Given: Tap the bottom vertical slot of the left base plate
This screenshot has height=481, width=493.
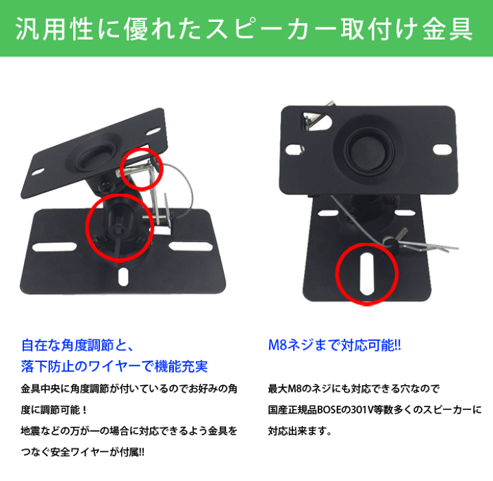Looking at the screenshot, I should [123, 275].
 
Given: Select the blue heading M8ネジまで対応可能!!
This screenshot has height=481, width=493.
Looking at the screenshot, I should [334, 346].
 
